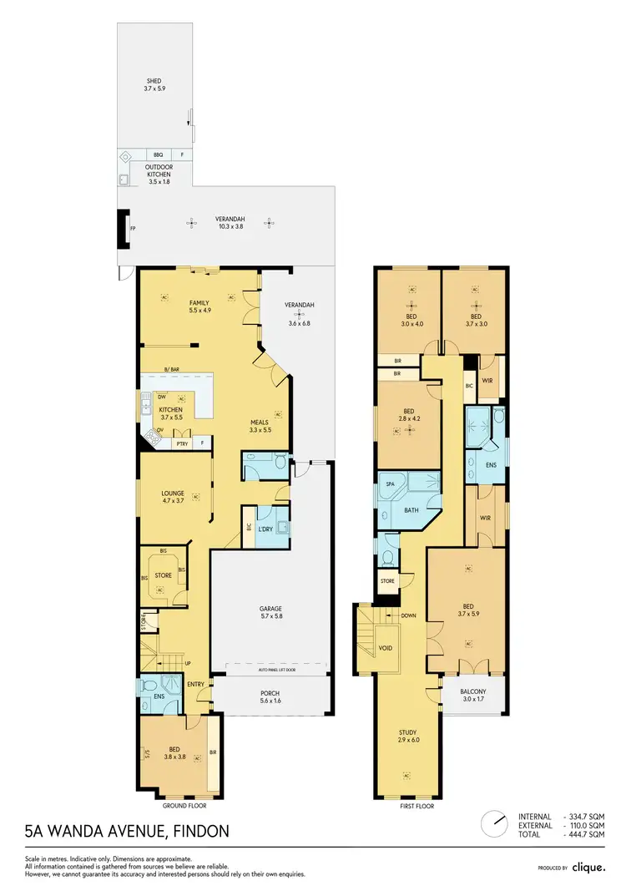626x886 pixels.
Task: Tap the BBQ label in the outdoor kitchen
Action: [x=158, y=155]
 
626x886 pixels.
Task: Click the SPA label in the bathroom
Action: [x=389, y=484]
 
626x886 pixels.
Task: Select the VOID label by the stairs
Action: [x=385, y=648]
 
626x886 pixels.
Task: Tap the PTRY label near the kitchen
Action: [x=181, y=443]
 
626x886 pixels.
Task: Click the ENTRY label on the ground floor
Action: [x=196, y=685]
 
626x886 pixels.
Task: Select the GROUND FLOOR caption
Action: [x=185, y=806]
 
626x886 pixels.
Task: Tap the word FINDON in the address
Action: [x=194, y=832]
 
